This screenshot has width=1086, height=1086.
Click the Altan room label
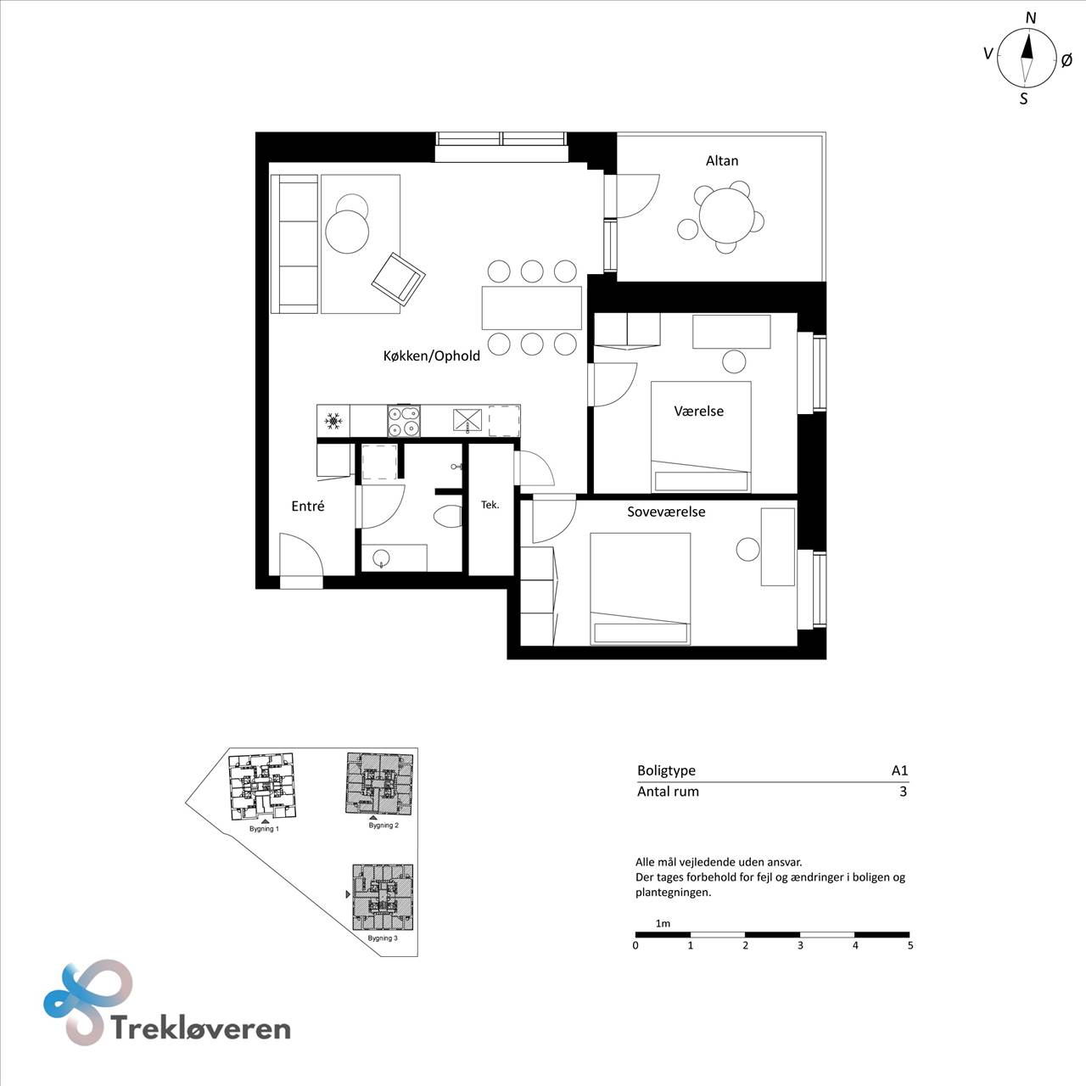pos(721,160)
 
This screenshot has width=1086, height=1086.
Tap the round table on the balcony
pos(726,215)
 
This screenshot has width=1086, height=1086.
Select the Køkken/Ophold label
pos(431,355)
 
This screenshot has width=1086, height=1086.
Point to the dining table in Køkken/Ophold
pos(531,307)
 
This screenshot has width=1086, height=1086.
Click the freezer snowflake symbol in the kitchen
pos(333,421)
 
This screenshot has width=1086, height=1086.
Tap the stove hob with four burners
pos(404,421)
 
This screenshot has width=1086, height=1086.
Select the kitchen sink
pos(467,421)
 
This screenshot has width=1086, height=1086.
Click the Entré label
pos(307,506)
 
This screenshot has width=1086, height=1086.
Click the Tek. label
pos(490,505)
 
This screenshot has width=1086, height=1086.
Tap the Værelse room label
pos(698,411)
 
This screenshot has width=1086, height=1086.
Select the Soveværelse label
pos(666,512)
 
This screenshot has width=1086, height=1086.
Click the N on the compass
pos(1031,18)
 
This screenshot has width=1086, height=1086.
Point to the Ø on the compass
pos(1066,60)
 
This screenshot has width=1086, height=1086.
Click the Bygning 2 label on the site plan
pos(383,825)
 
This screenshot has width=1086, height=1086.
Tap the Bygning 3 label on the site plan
pos(382,938)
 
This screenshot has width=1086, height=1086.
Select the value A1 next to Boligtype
pos(899,770)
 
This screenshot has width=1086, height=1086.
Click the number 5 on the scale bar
pos(910,945)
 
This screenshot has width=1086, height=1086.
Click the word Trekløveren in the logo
pos(200,1028)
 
